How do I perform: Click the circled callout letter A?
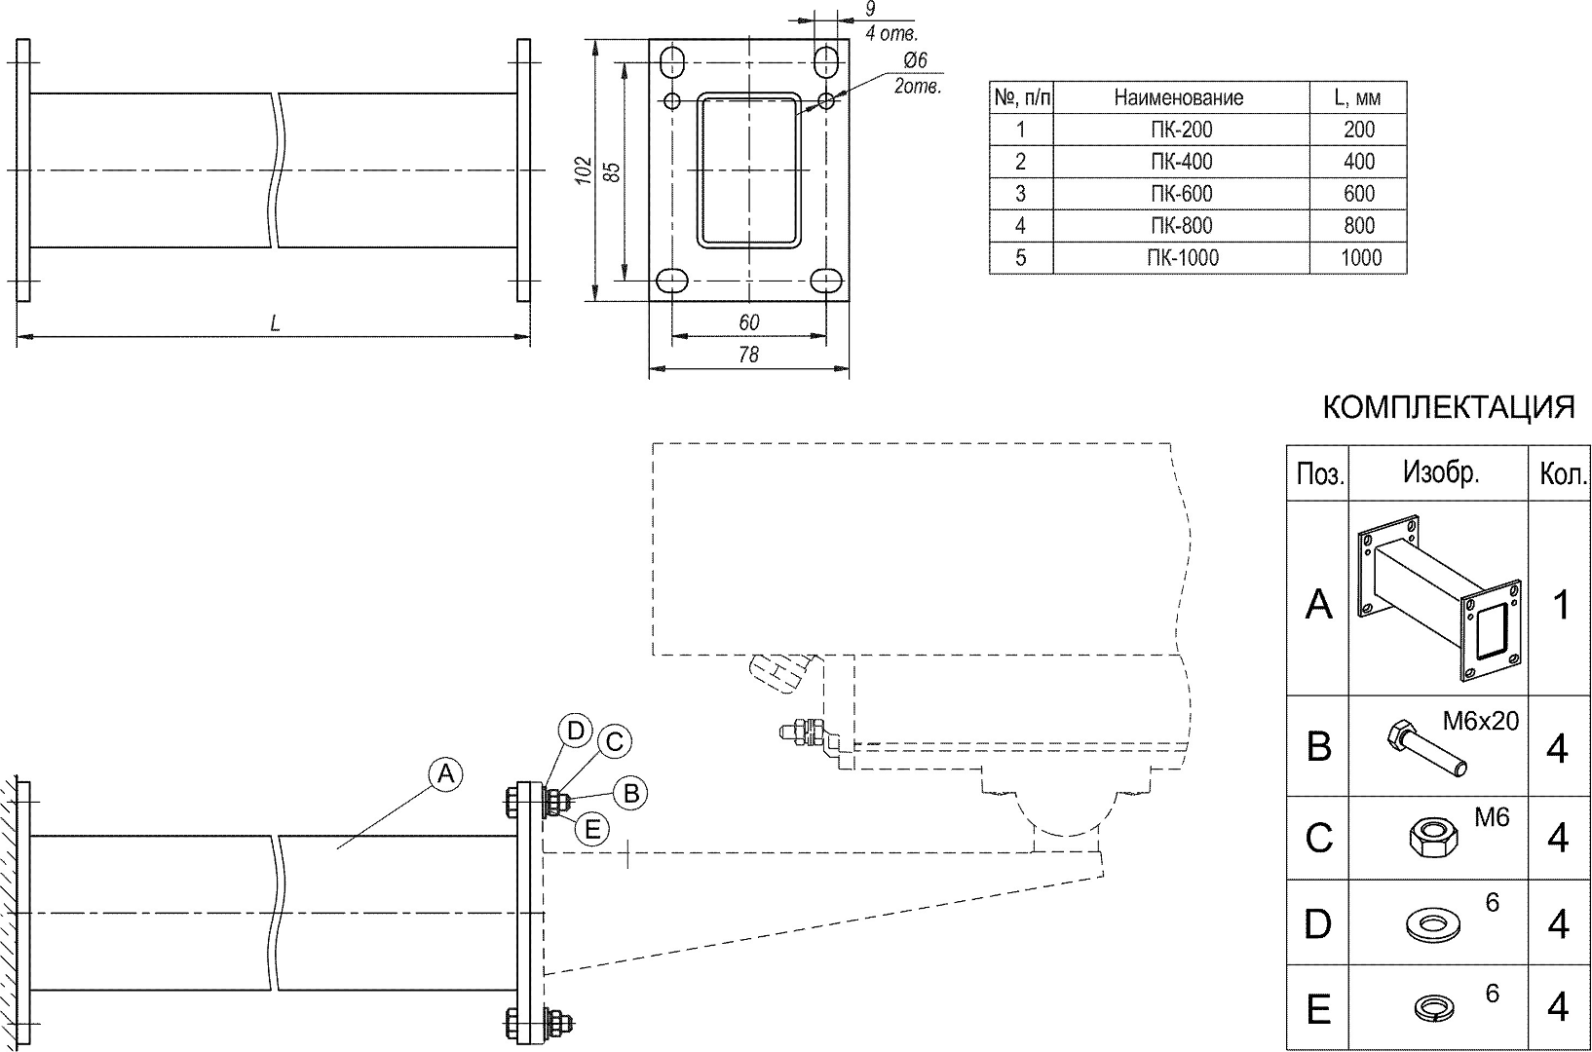click(445, 774)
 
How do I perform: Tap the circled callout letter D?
click(576, 731)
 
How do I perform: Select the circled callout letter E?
click(591, 830)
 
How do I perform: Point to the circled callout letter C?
click(614, 742)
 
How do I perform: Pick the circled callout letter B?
click(630, 793)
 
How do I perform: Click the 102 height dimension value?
click(583, 170)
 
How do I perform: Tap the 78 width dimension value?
click(748, 356)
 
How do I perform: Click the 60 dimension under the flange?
click(748, 322)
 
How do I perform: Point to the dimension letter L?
click(276, 323)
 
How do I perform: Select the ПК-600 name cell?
click(1181, 194)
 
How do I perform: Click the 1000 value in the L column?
click(1359, 258)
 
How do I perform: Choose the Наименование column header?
click(1179, 97)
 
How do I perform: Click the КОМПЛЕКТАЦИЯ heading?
click(1448, 408)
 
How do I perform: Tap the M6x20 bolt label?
click(1480, 722)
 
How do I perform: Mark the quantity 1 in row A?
click(1560, 604)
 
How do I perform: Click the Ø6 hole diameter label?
click(915, 61)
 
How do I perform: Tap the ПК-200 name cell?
click(1181, 130)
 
